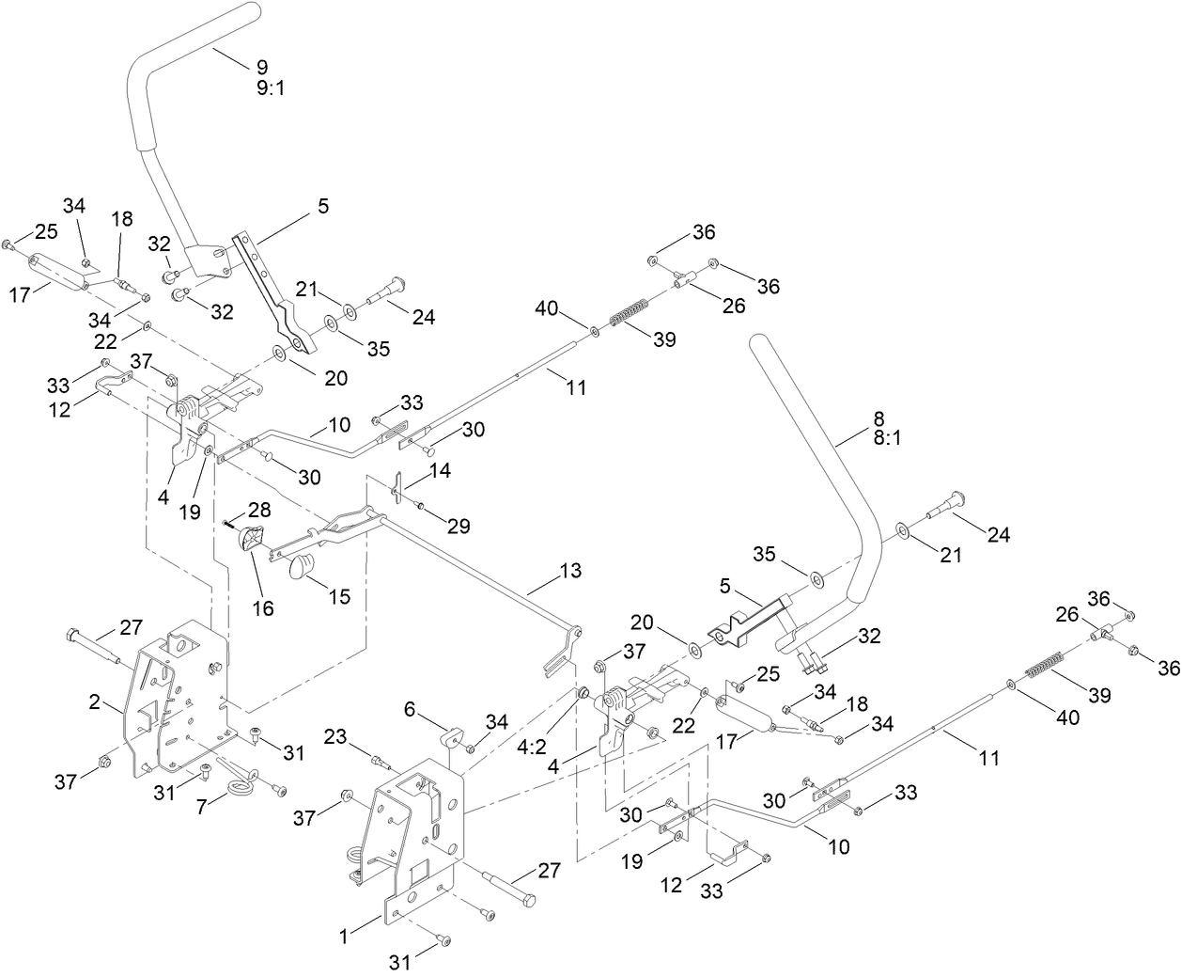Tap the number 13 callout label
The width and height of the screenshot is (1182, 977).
[569, 570]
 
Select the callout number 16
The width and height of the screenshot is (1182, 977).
[264, 608]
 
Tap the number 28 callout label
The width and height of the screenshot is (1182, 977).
[259, 509]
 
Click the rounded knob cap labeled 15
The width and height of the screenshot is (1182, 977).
[301, 567]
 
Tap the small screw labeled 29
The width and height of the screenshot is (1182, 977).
[422, 508]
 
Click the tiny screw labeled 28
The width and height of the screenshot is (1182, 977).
[229, 522]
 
